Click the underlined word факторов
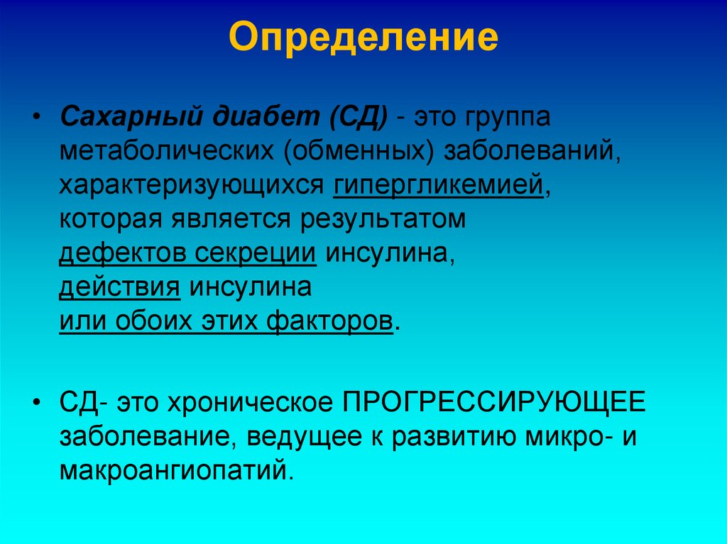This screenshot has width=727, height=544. coord(329,321)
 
